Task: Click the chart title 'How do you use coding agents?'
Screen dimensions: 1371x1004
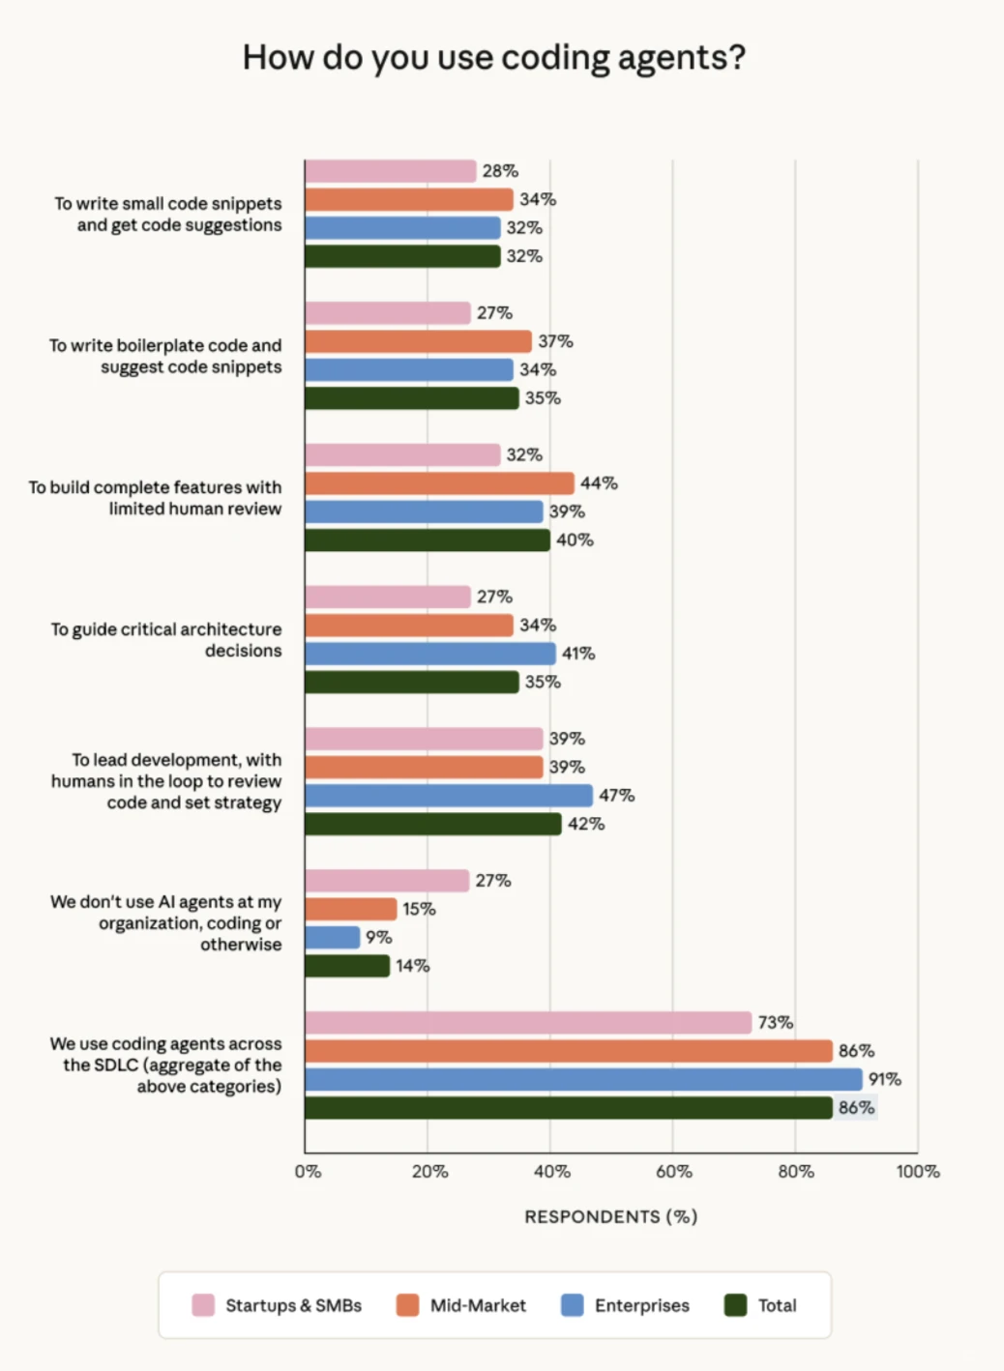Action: tap(494, 58)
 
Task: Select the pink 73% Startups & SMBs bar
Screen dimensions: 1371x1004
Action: tap(528, 1023)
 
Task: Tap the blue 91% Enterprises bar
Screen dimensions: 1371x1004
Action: tap(583, 1080)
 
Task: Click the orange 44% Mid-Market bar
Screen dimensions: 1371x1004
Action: tap(439, 483)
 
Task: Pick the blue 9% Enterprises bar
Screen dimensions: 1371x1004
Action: tap(332, 938)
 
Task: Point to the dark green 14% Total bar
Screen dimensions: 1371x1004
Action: tap(347, 966)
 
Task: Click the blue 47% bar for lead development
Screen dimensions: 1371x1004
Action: tap(449, 796)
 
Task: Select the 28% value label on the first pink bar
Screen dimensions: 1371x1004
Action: tap(500, 171)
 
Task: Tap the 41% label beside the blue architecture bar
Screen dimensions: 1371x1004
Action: tap(578, 654)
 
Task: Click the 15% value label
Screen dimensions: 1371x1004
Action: tap(419, 909)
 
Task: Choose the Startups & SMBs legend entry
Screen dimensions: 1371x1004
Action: tap(278, 1305)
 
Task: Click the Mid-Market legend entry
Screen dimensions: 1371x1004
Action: tap(462, 1305)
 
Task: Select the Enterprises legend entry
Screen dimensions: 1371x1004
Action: tap(626, 1305)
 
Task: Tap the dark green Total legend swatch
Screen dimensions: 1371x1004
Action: tap(736, 1305)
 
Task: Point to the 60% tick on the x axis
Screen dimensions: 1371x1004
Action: tap(673, 1172)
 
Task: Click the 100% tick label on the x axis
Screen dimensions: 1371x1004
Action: tap(917, 1172)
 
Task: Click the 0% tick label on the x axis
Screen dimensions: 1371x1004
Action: tap(308, 1172)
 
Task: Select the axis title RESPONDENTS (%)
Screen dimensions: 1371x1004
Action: tap(610, 1216)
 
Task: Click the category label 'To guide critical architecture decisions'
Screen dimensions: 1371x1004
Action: tap(166, 640)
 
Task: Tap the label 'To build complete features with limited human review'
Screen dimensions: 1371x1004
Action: tap(156, 498)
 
